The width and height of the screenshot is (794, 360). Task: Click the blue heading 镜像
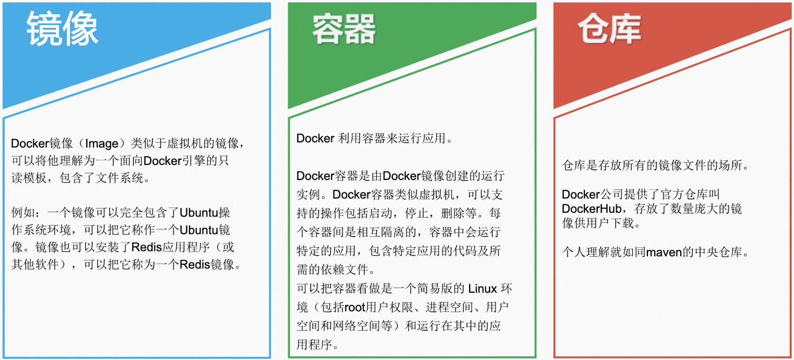point(62,29)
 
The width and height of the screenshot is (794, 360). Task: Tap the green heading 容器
point(344,29)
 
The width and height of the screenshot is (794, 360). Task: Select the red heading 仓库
point(609,29)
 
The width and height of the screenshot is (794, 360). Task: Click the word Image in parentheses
point(102,143)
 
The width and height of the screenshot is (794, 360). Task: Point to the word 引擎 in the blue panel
point(194,161)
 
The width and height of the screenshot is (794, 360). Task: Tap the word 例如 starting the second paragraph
point(23,213)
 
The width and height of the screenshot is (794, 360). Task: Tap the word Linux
point(482,289)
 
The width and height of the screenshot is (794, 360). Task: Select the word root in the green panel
point(355,307)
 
